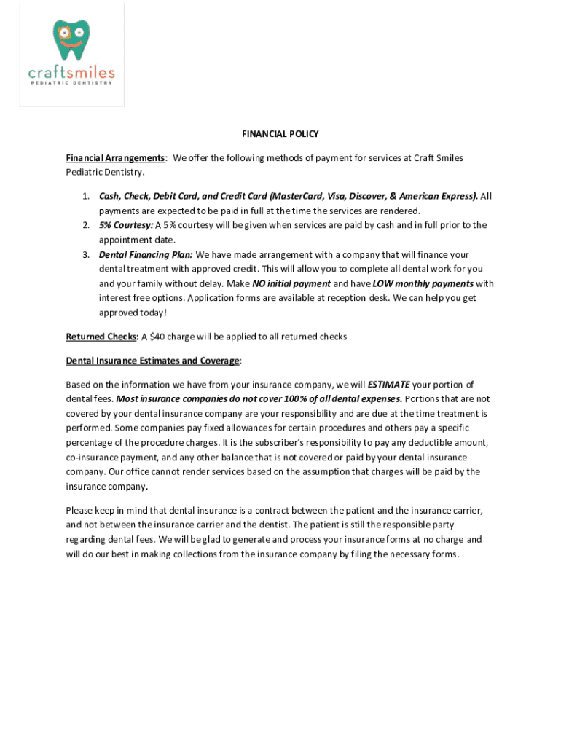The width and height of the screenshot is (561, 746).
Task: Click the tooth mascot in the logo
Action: [x=71, y=41]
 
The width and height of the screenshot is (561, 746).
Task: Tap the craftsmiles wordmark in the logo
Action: [x=71, y=72]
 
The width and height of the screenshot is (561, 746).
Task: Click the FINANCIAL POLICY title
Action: [x=280, y=134]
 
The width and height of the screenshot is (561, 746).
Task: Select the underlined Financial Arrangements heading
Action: [x=116, y=158]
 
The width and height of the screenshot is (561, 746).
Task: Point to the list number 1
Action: [x=85, y=196]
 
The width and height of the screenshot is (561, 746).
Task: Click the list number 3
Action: [x=85, y=255]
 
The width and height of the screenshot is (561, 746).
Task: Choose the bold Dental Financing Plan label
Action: [x=146, y=255]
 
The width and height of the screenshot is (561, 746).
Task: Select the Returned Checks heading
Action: [x=102, y=337]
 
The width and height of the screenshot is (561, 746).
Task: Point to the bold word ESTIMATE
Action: [x=389, y=384]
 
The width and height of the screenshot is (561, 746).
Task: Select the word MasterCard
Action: [x=297, y=196]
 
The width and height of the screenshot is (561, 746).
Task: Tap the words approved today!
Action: [x=133, y=313]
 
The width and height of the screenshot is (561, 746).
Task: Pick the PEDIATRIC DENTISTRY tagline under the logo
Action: [x=71, y=83]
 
